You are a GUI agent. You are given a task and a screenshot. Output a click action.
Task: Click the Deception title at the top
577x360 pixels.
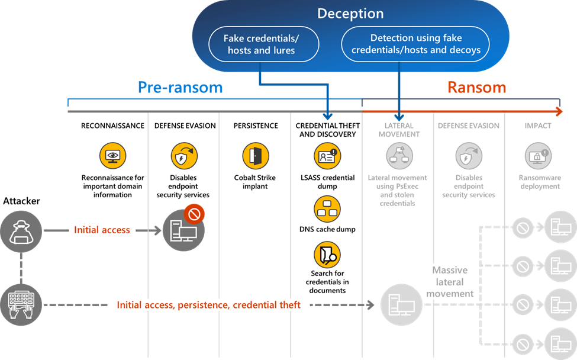pyautogui.click(x=350, y=14)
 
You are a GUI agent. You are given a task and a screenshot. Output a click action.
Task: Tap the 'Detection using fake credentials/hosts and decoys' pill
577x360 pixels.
pyautogui.click(x=416, y=44)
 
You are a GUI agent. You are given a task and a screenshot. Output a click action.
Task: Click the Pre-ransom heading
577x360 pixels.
pyautogui.click(x=180, y=88)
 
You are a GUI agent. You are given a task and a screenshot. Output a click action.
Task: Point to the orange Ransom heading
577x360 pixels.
pyautogui.click(x=476, y=88)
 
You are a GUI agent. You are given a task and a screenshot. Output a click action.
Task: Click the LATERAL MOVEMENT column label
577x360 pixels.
pyautogui.click(x=398, y=130)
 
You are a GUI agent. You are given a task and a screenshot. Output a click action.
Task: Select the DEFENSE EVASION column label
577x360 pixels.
pyautogui.click(x=469, y=126)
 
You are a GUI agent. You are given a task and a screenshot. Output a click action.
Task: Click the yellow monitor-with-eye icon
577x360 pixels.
pyautogui.click(x=112, y=156)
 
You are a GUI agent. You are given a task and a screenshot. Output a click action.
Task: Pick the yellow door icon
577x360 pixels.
pyautogui.click(x=256, y=156)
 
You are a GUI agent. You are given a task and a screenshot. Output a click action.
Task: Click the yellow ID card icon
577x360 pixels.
pyautogui.click(x=327, y=156)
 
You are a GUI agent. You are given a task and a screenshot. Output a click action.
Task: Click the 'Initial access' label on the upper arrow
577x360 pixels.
pyautogui.click(x=102, y=230)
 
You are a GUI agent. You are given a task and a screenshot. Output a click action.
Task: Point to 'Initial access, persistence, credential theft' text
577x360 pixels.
pyautogui.click(x=209, y=305)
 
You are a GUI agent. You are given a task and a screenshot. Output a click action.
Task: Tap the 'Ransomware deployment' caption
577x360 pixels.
pyautogui.click(x=539, y=182)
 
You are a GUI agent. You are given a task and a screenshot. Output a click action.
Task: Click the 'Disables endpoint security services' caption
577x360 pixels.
pyautogui.click(x=469, y=186)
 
